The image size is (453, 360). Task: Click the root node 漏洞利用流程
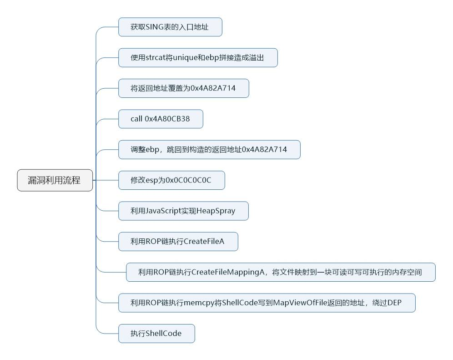[x=55, y=180]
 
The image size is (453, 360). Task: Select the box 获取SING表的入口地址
[x=170, y=27]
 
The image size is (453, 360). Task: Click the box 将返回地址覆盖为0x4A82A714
[x=183, y=88]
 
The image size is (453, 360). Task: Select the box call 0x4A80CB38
[x=160, y=119]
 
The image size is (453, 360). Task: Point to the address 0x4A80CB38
[x=167, y=119]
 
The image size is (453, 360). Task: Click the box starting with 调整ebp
[x=209, y=149]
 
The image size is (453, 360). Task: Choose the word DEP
[x=395, y=303]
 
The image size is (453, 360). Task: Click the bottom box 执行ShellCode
[x=156, y=333]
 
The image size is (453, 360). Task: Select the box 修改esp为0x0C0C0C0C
[x=171, y=181]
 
